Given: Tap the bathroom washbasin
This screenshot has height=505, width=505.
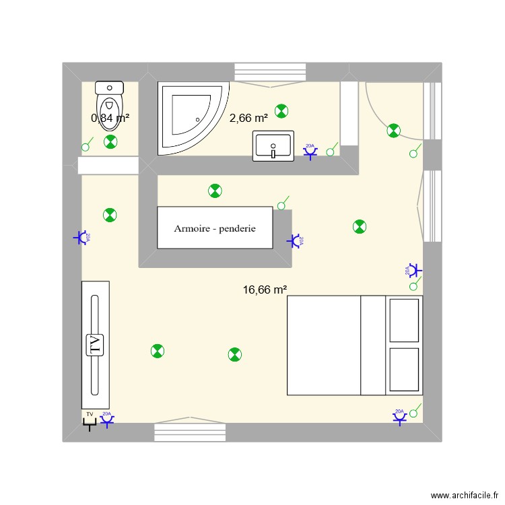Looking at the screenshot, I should tap(273, 146).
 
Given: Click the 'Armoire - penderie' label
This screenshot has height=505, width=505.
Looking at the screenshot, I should tap(215, 228).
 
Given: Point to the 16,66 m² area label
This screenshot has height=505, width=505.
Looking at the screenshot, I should tap(265, 290).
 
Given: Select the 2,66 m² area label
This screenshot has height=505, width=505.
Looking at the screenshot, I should tap(248, 118).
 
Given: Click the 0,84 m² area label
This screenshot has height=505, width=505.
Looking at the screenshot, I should tap(110, 118).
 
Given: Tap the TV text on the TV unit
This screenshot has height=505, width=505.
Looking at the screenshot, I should tap(94, 345).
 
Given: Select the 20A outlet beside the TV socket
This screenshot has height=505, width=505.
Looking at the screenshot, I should tap(107, 421).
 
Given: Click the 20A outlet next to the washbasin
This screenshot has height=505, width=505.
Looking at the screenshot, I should tap(310, 152).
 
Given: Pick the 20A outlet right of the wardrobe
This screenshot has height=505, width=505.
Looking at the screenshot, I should tap(294, 240).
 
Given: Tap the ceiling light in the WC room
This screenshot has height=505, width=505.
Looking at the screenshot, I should tap(110, 141).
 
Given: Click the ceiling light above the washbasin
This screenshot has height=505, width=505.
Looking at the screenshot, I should tap(281, 111).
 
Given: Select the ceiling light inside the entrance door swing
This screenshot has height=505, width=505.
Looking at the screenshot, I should tap(394, 131).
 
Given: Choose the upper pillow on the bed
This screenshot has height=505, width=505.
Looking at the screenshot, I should tap(404, 319).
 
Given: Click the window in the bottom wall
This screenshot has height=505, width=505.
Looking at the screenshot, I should tap(189, 432).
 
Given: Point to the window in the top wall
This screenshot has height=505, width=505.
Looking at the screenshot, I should tap(269, 72).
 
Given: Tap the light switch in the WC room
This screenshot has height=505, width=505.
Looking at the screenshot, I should tap(86, 147).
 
